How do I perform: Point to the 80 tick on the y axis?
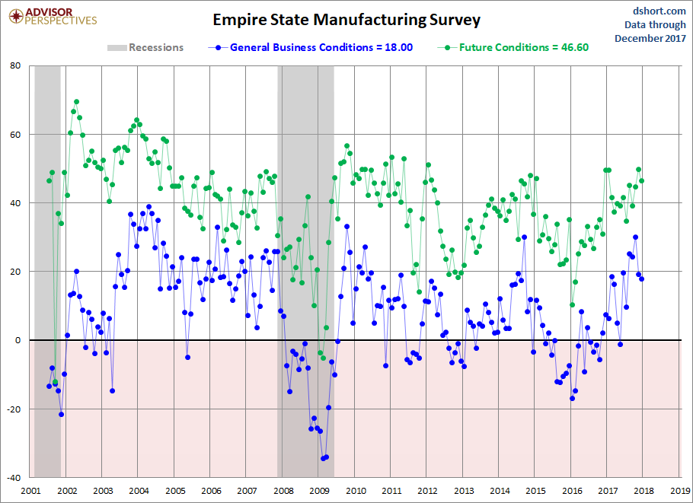point(14,66)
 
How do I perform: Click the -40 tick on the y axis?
point(13,478)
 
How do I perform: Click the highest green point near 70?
point(76,102)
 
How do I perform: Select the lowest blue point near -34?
point(323,458)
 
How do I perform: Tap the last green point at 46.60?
point(642,180)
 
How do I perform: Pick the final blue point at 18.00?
point(642,279)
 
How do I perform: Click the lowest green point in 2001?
point(55,382)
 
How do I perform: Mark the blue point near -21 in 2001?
point(61,414)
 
